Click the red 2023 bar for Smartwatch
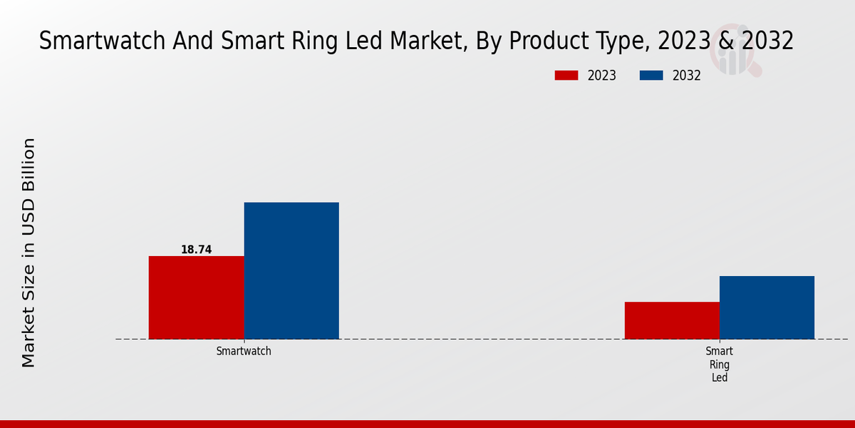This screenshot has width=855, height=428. click(x=196, y=297)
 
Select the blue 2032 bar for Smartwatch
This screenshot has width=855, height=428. click(x=291, y=270)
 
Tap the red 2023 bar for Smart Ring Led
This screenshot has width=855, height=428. click(x=672, y=320)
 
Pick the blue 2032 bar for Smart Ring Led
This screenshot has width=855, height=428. click(x=767, y=307)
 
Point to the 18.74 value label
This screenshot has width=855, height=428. click(x=196, y=250)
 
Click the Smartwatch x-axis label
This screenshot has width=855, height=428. click(x=244, y=352)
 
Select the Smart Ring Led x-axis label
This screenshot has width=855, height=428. click(x=720, y=365)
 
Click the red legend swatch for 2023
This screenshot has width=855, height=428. click(x=566, y=76)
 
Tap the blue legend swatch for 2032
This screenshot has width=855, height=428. click(x=651, y=76)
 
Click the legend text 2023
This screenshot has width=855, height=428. click(x=601, y=76)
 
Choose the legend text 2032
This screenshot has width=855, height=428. click(x=686, y=76)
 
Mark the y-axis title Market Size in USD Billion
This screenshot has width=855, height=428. click(x=28, y=253)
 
